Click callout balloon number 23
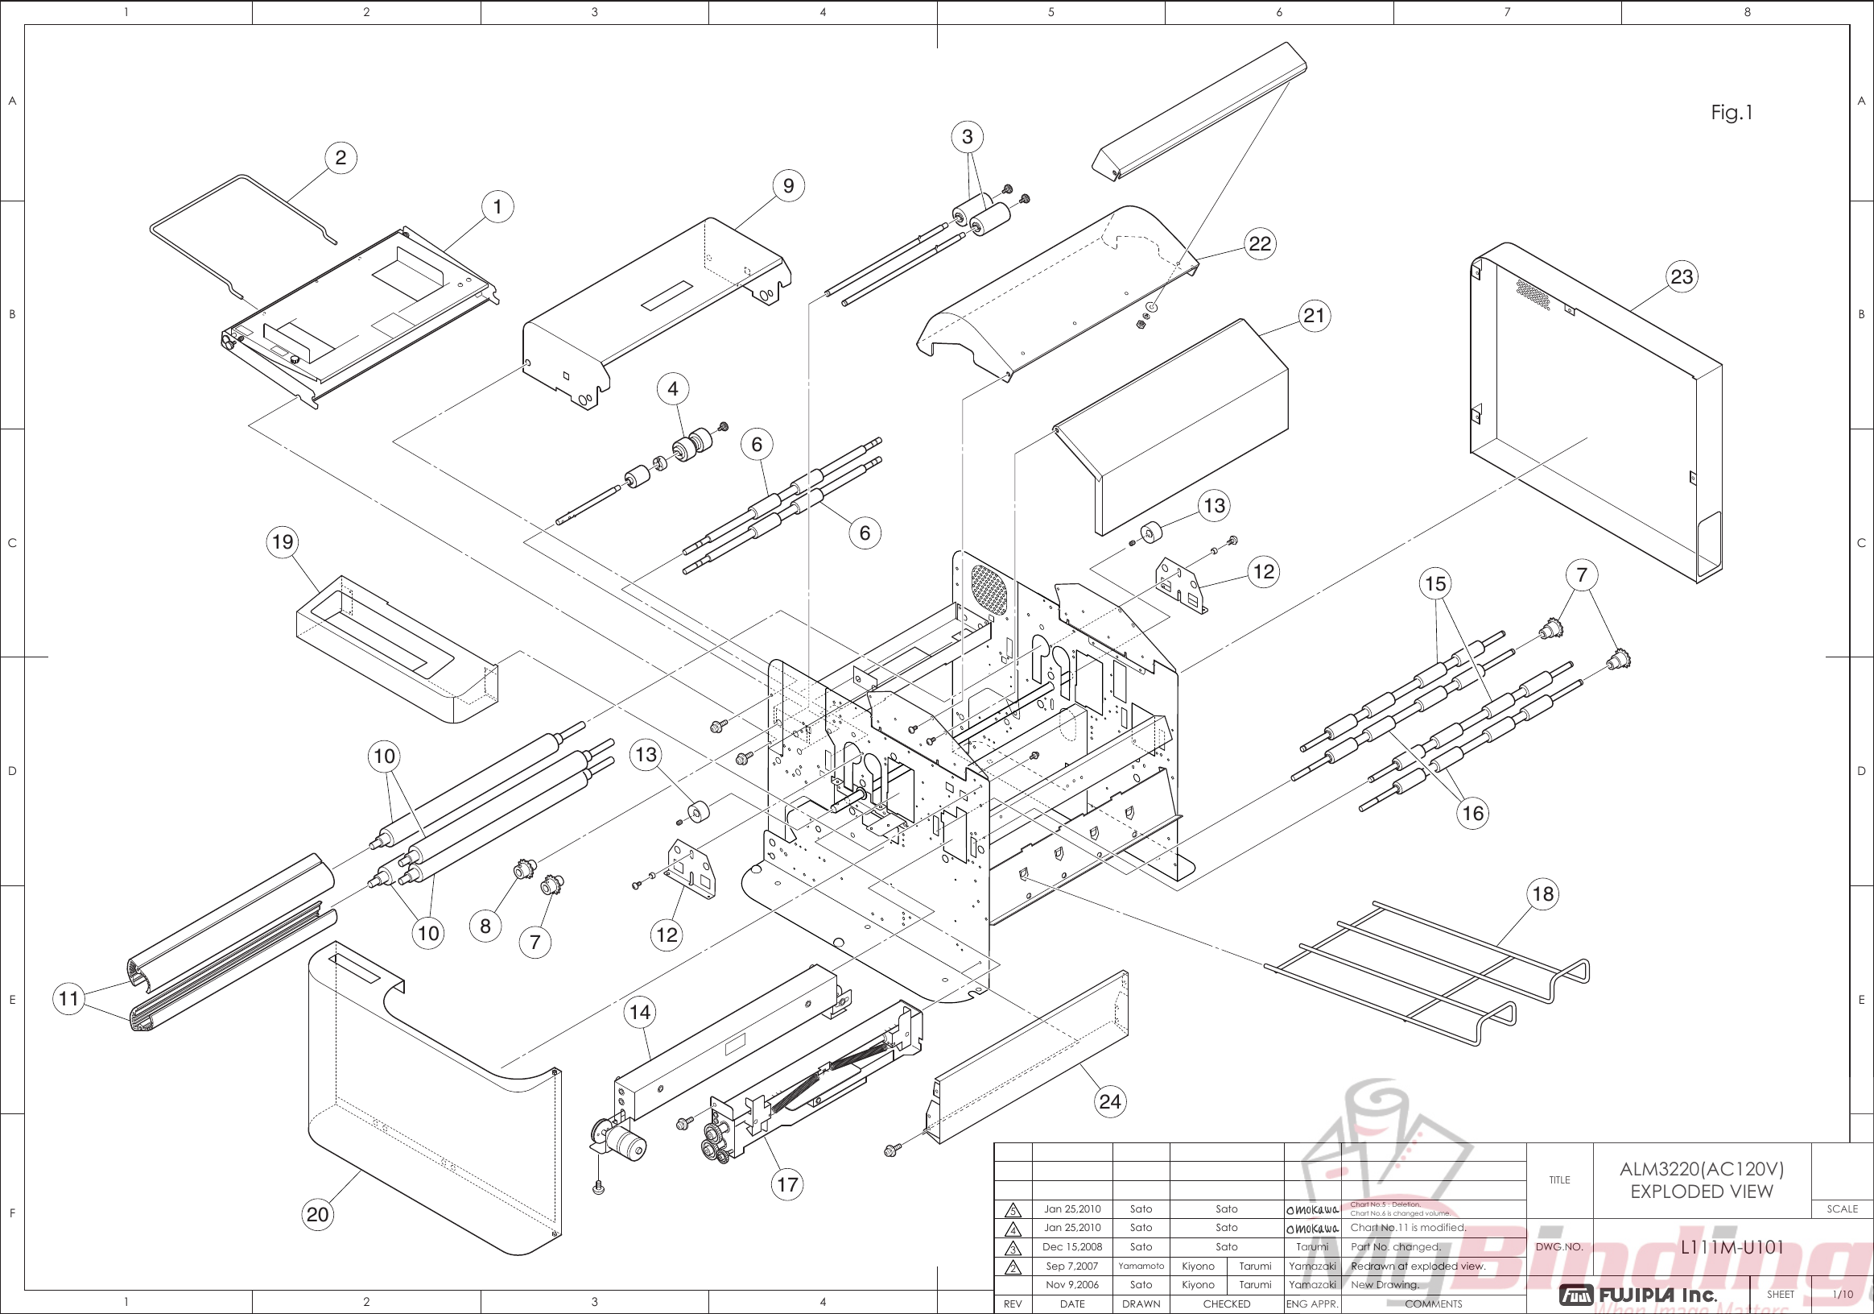1682,277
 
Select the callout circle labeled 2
341,158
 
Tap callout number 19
283,542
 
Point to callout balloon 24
1109,1101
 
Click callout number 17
786,1184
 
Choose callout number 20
317,1214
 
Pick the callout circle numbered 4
672,389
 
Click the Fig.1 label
1732,113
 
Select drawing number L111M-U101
1732,1247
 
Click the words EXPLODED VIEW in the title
1701,1192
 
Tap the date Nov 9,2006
1071,1285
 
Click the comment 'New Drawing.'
1385,1285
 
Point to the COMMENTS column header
1433,1304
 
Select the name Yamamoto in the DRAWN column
1141,1266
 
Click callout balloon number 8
485,926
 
